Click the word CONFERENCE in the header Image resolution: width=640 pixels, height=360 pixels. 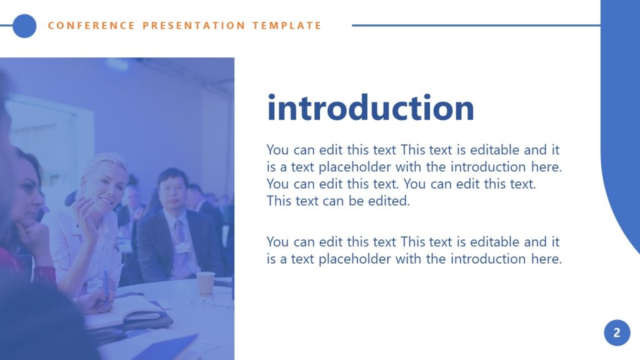pos(91,26)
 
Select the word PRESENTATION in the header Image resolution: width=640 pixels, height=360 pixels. pos(194,26)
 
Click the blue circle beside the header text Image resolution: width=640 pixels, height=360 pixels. pos(24,26)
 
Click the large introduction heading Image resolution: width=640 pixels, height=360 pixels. pos(371,108)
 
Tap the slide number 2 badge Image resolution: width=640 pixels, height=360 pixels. pos(617,332)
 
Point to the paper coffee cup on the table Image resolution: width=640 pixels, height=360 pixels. pos(205,283)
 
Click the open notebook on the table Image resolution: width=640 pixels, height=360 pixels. pos(125,312)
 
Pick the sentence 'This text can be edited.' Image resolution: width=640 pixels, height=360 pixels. pos(338,201)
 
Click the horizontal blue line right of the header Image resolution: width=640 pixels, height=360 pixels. pos(475,26)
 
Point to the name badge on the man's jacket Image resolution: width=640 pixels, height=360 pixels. pos(182,248)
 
